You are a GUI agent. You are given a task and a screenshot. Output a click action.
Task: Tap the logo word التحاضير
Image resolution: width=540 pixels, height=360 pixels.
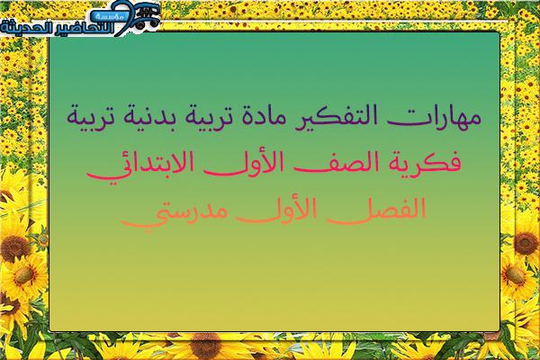(x=84, y=28)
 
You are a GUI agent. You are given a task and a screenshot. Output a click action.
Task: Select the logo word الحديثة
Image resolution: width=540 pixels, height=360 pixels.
(x=26, y=28)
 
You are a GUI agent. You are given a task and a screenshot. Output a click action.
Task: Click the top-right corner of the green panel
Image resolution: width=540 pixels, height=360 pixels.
(x=499, y=32)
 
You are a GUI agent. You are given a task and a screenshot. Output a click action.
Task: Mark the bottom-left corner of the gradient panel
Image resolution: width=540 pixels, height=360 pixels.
(x=49, y=330)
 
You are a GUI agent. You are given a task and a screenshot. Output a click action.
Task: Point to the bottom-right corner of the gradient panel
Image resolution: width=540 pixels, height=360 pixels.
(x=499, y=330)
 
